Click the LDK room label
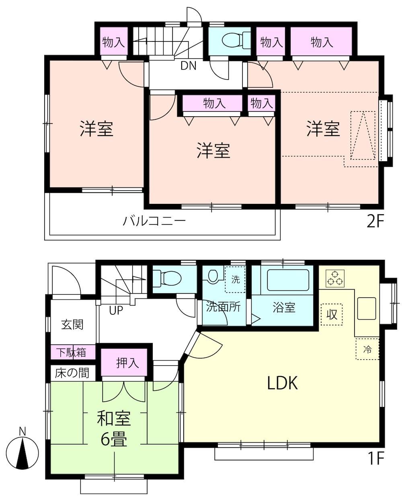point(282,383)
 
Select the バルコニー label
point(154,221)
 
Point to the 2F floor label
point(375,222)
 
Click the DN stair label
point(188,66)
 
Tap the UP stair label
point(116,310)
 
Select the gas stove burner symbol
point(335,279)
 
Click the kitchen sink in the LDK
point(366,308)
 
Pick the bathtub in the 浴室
point(288,280)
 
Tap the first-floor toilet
point(167,278)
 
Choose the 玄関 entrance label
point(72,324)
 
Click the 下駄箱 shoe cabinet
point(73,352)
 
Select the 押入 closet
point(124,362)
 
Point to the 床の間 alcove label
point(72,373)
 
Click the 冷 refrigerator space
point(367,349)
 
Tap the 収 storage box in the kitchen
point(332,314)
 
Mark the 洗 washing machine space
point(235,279)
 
